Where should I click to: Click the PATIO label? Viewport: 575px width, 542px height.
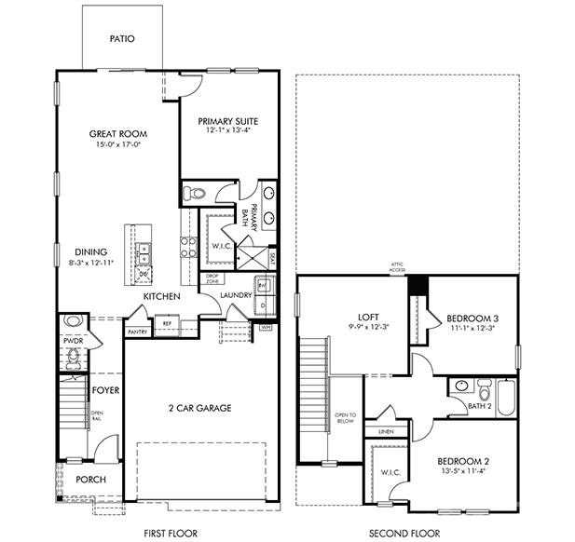pos(121,39)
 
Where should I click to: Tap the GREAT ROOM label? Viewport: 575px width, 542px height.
pos(118,134)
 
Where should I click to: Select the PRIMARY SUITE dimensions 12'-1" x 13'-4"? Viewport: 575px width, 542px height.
pos(227,130)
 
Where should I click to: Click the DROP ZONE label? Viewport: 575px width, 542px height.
pos(213,278)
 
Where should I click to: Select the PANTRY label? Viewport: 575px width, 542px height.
pos(137,332)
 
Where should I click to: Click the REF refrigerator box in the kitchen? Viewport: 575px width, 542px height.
pos(167,324)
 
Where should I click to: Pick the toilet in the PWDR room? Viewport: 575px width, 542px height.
pos(74,322)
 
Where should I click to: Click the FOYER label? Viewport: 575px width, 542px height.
pos(104,390)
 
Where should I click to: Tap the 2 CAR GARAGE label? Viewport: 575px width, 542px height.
pos(199,408)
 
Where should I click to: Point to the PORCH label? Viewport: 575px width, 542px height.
pos(90,480)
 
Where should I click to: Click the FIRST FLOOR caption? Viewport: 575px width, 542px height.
pos(171,534)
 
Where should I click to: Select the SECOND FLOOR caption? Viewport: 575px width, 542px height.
pos(404,534)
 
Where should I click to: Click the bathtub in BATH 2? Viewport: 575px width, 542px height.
pos(506,397)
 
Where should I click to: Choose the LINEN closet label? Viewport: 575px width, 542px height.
pos(384,432)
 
